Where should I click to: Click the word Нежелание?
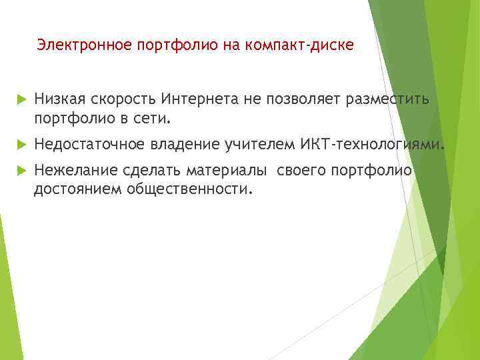[x=71, y=171]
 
